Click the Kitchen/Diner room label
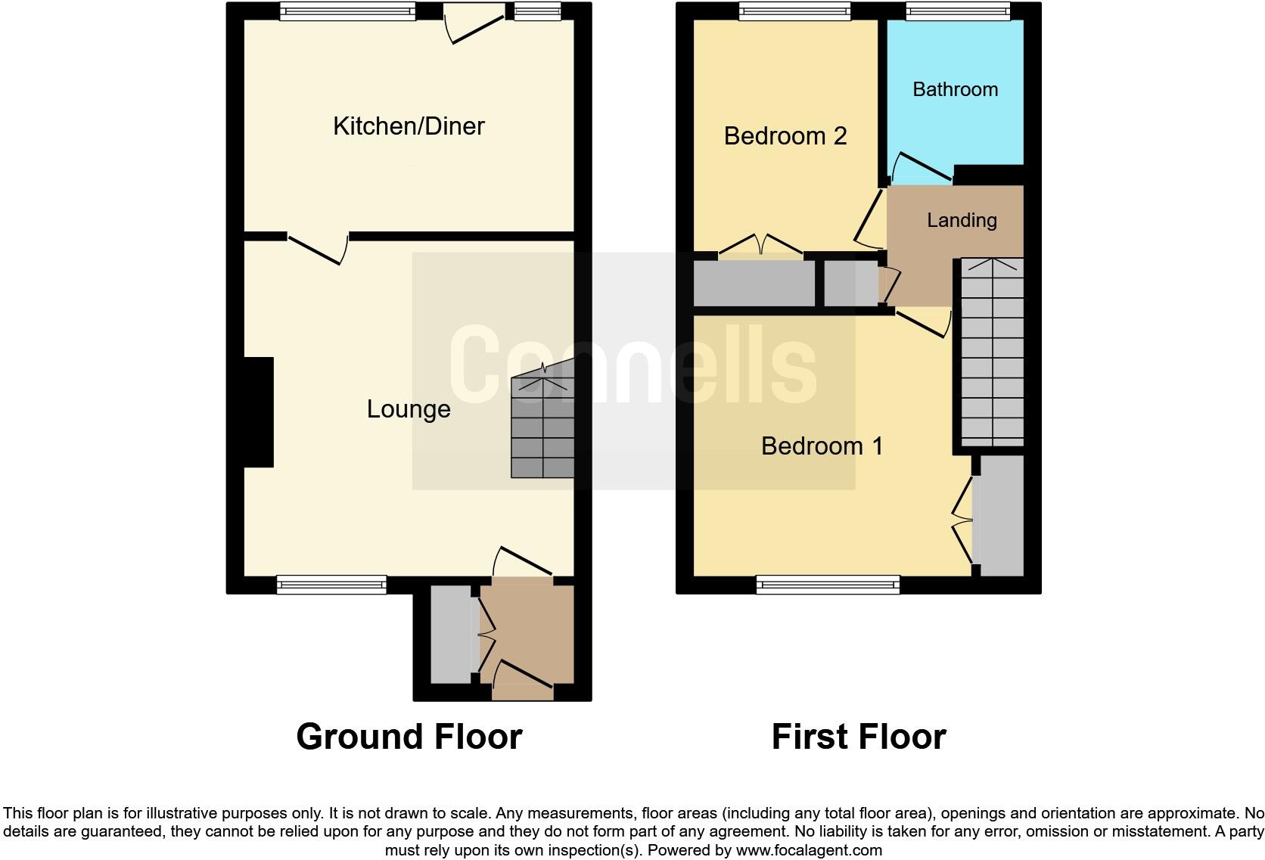pyautogui.click(x=409, y=126)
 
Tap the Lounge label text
pyautogui.click(x=409, y=409)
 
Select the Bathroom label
pyautogui.click(x=955, y=89)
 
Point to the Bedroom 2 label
pyautogui.click(x=785, y=136)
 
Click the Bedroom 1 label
pyautogui.click(x=822, y=446)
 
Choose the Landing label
pyautogui.click(x=962, y=220)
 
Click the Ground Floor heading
pyautogui.click(x=409, y=737)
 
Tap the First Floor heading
pyautogui.click(x=858, y=737)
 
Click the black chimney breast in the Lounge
pyautogui.click(x=258, y=412)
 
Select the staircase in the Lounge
pyautogui.click(x=542, y=427)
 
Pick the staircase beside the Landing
pyautogui.click(x=992, y=352)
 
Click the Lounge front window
pyautogui.click(x=331, y=584)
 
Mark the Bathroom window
pyautogui.click(x=958, y=11)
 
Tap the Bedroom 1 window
pyautogui.click(x=828, y=584)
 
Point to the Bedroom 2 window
pyautogui.click(x=794, y=11)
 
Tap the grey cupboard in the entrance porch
pyautogui.click(x=450, y=634)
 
